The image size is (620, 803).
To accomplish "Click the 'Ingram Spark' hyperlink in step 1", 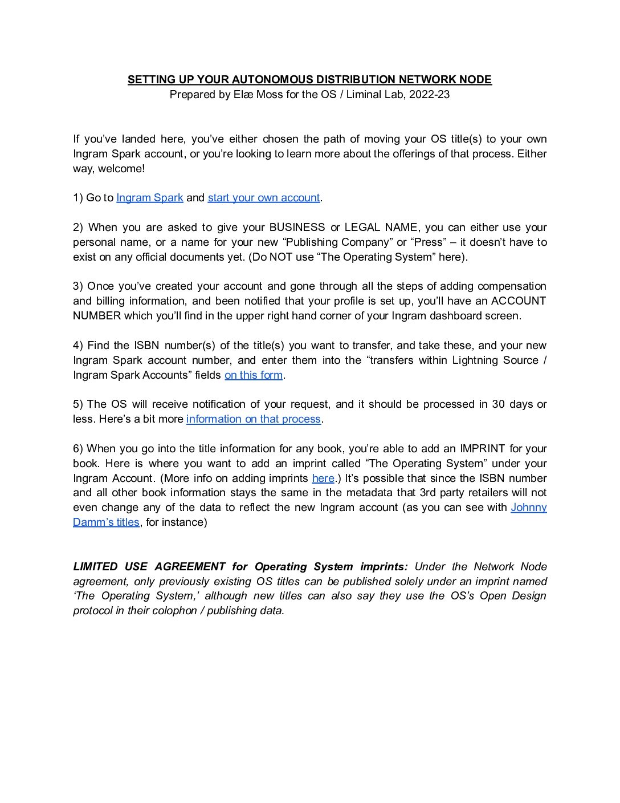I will [149, 198].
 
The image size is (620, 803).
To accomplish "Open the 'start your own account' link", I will [263, 198].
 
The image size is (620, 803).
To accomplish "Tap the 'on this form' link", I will [254, 375].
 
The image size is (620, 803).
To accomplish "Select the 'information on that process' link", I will [253, 419].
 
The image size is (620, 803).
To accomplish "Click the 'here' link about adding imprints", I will [323, 478].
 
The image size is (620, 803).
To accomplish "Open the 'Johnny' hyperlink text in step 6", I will [528, 508].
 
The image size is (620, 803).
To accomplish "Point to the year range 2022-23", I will [429, 95].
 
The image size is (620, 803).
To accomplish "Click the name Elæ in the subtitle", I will [243, 95].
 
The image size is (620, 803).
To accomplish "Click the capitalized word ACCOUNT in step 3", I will [518, 301].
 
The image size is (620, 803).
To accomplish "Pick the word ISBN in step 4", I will [146, 346].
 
